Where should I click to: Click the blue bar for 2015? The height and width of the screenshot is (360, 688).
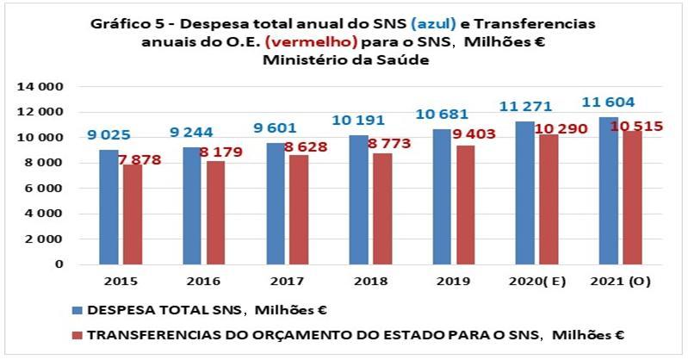point(108,207)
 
